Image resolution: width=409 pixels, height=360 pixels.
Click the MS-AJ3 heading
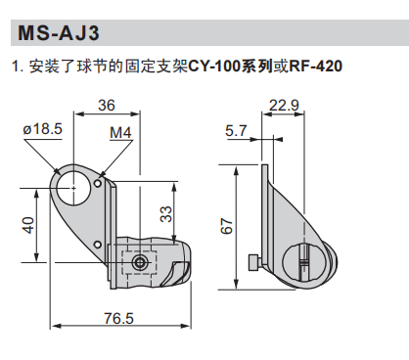(x=58, y=34)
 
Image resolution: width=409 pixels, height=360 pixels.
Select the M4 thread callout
(x=120, y=132)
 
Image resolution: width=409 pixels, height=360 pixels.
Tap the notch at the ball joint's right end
(x=180, y=265)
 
